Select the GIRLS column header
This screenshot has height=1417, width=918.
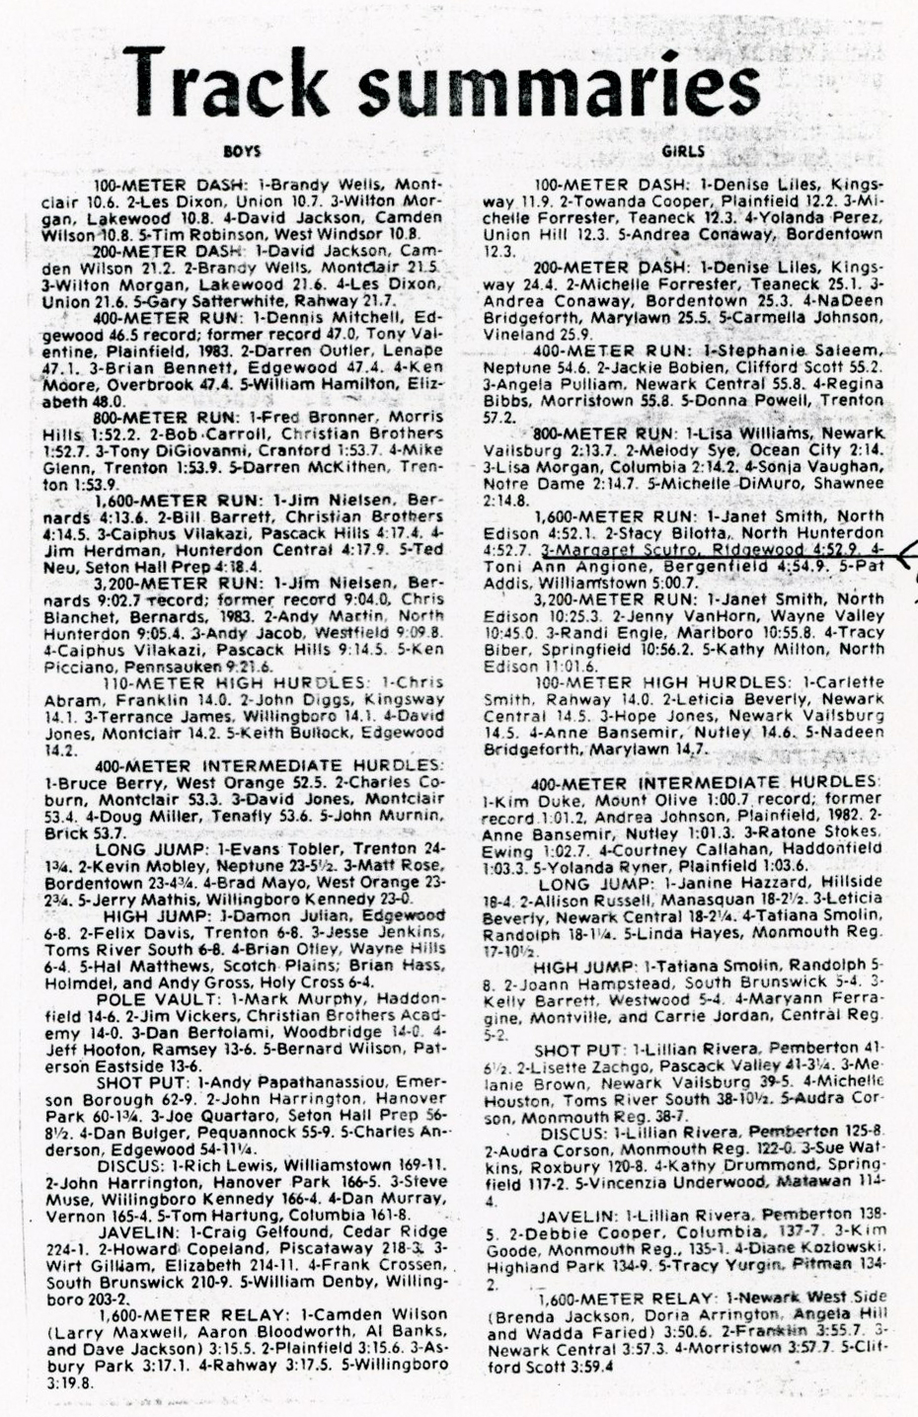(x=684, y=152)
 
